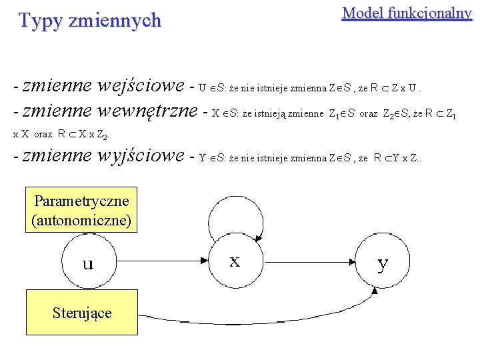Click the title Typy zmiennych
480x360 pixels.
pyautogui.click(x=90, y=21)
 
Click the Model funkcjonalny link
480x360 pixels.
pyautogui.click(x=407, y=13)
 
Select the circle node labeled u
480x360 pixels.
pyautogui.click(x=87, y=263)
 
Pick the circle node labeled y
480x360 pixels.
pyautogui.click(x=382, y=262)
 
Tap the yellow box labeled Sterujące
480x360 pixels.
pyautogui.click(x=82, y=312)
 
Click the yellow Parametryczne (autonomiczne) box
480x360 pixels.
pyautogui.click(x=81, y=209)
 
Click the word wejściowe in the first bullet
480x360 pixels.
pyautogui.click(x=140, y=86)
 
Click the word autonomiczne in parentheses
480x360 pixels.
pyautogui.click(x=81, y=219)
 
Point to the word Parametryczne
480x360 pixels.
pyautogui.click(x=81, y=201)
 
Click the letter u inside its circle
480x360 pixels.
pyautogui.click(x=87, y=264)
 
